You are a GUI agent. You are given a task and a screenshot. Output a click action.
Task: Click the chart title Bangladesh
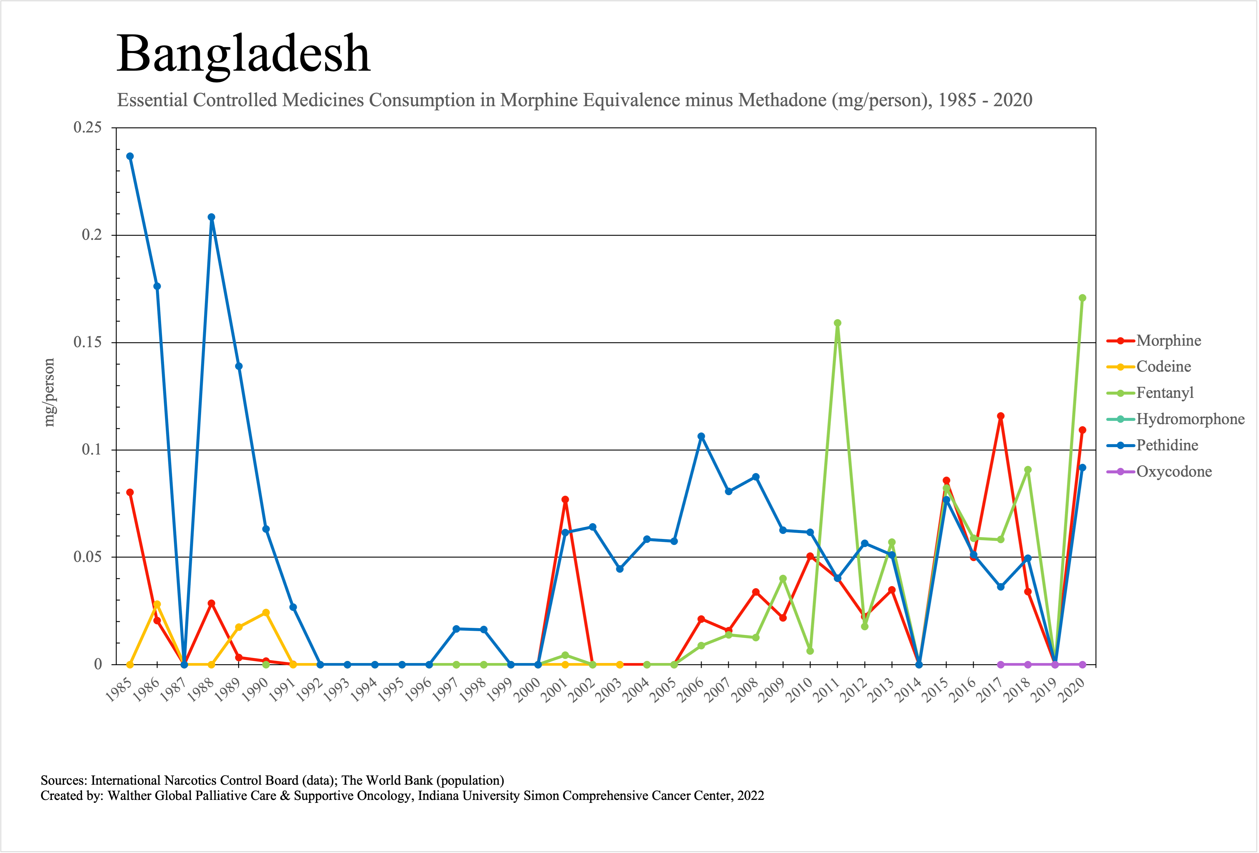click(243, 54)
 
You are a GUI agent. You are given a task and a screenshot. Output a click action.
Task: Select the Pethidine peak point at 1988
click(211, 217)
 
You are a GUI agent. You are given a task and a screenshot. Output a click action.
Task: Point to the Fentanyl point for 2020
click(1082, 298)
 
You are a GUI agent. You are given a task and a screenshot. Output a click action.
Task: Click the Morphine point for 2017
click(1001, 416)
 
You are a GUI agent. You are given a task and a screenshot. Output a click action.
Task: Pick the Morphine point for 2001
click(565, 499)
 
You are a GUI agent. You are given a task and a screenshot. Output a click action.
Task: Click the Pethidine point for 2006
click(701, 436)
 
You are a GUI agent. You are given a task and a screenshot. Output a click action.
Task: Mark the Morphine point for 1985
click(130, 492)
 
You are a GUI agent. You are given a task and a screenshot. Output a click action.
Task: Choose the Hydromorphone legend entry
click(1190, 419)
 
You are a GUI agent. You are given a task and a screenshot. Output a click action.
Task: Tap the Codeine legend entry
click(1163, 367)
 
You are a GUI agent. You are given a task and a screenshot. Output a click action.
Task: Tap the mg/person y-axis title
click(49, 393)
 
